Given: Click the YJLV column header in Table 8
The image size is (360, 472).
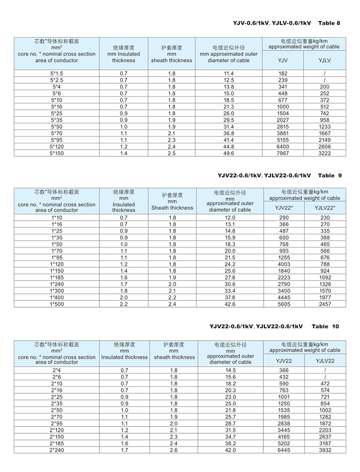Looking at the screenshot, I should pos(324,60).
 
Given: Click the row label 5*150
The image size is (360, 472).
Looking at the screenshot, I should pos(57,153).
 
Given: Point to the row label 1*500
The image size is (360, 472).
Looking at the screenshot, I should pos(57,304).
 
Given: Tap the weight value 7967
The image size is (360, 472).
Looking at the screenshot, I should pos(283,153).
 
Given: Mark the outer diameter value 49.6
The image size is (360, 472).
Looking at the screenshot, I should pos(229,153).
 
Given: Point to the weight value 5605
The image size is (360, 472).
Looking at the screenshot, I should pos(283,304).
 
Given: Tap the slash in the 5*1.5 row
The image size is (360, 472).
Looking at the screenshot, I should pos(324,73).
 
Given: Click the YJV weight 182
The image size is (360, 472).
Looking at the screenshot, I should pos(283,73).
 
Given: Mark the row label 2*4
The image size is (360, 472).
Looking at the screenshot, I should pos(57,370).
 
